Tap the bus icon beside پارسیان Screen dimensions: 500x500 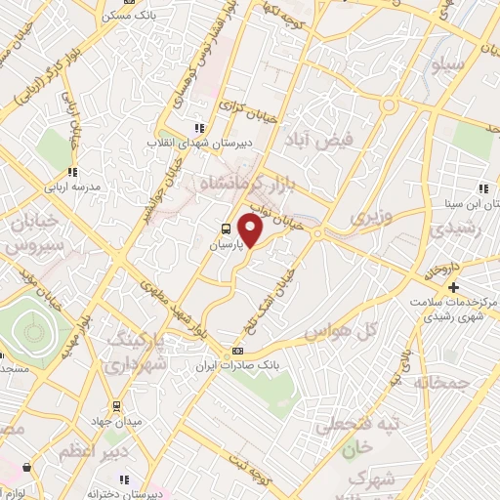tap(226, 231)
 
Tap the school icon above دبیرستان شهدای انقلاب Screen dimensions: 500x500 tap(199, 128)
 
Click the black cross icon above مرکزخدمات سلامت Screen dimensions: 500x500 tap(453, 287)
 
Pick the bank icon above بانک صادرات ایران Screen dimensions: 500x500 tap(236, 350)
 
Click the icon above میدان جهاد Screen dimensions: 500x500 tap(117, 405)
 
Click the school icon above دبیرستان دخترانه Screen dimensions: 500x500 tap(124, 479)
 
